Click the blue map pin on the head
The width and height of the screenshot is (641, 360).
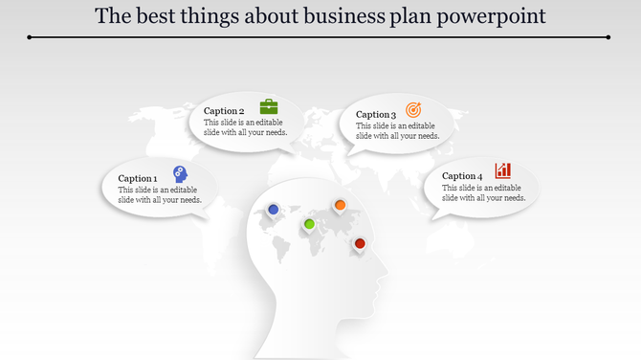tap(274, 209)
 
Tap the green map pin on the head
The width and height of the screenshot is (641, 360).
tap(309, 224)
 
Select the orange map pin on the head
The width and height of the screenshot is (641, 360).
tap(339, 204)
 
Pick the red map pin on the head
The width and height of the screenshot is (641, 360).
tap(360, 244)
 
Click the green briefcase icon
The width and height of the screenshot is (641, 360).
tap(269, 106)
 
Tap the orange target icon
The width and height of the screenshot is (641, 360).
tap(413, 110)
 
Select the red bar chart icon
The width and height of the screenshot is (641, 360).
tap(502, 170)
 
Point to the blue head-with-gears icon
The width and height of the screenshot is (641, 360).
tap(180, 173)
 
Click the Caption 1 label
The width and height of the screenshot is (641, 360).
tap(137, 179)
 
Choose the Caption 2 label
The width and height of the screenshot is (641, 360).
tap(224, 111)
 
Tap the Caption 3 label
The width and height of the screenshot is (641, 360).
tap(375, 115)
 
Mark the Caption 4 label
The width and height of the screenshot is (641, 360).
tap(462, 176)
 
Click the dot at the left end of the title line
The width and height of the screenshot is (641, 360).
tap(30, 37)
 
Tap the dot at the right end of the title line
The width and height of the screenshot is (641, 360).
tap(609, 37)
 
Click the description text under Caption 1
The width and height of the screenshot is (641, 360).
tap(159, 195)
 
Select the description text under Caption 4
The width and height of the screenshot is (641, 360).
tap(484, 192)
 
